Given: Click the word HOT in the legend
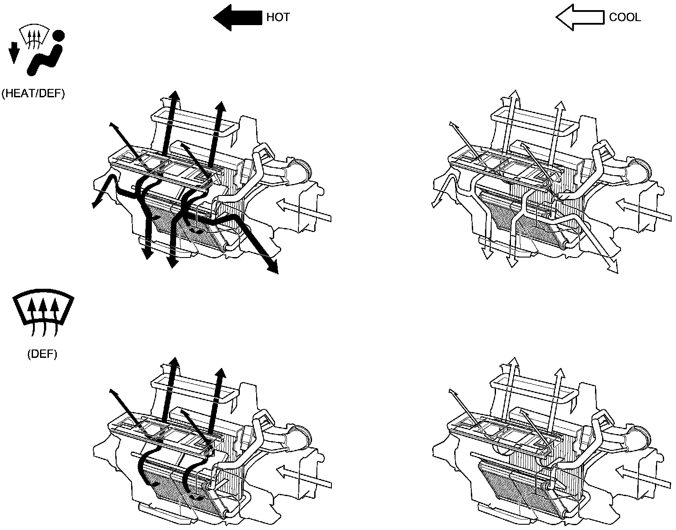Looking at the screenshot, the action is pyautogui.click(x=278, y=18).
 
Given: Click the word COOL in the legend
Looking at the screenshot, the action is pyautogui.click(x=625, y=18).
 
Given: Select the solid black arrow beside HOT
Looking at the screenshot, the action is pyautogui.click(x=238, y=18).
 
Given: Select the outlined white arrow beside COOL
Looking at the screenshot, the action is pyautogui.click(x=580, y=18).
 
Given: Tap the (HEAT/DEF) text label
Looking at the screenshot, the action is pyautogui.click(x=33, y=94).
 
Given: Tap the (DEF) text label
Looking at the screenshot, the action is pyautogui.click(x=42, y=355).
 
